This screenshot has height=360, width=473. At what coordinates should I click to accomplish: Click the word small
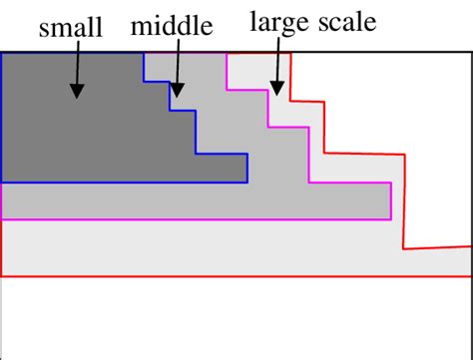point(71,28)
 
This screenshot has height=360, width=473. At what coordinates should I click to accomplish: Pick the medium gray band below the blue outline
point(150,199)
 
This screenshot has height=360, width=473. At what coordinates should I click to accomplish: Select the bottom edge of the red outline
point(236,275)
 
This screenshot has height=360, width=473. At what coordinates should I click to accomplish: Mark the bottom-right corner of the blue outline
point(247,182)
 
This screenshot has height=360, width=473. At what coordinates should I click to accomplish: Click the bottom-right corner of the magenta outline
point(389,217)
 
